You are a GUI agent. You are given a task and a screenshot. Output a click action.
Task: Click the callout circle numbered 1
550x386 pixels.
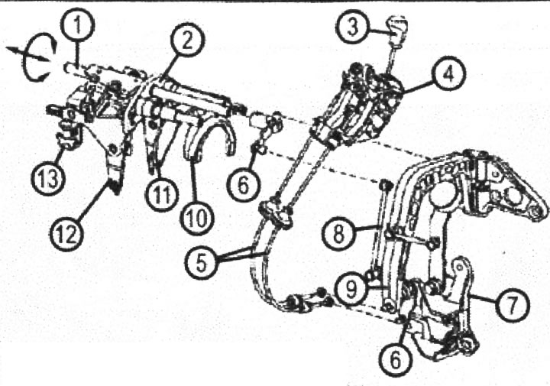click(x=78, y=25)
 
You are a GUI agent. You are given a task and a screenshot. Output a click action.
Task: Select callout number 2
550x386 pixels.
click(x=187, y=41)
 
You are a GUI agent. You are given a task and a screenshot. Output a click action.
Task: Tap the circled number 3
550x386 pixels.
click(x=353, y=28)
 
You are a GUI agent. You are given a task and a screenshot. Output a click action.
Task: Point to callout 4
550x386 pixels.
click(x=448, y=73)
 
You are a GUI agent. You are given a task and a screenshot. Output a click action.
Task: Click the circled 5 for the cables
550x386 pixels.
click(x=202, y=262)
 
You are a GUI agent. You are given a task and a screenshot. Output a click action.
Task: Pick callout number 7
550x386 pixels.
click(x=512, y=304)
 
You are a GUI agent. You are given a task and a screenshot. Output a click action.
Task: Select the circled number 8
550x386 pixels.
click(x=339, y=234)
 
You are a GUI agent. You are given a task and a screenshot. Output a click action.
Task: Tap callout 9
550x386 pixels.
click(x=351, y=290)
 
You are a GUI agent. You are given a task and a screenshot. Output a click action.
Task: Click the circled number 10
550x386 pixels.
click(x=197, y=218)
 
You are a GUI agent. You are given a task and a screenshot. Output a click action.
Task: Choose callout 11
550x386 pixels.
click(x=162, y=194)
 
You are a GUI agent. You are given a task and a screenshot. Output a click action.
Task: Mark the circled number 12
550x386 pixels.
click(x=67, y=234)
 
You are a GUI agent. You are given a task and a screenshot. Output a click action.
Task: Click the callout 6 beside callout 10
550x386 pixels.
click(x=244, y=184)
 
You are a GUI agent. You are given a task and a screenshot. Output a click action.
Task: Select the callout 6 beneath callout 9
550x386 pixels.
click(x=395, y=359)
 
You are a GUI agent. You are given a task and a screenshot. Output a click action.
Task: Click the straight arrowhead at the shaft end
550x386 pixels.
click(x=11, y=50)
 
